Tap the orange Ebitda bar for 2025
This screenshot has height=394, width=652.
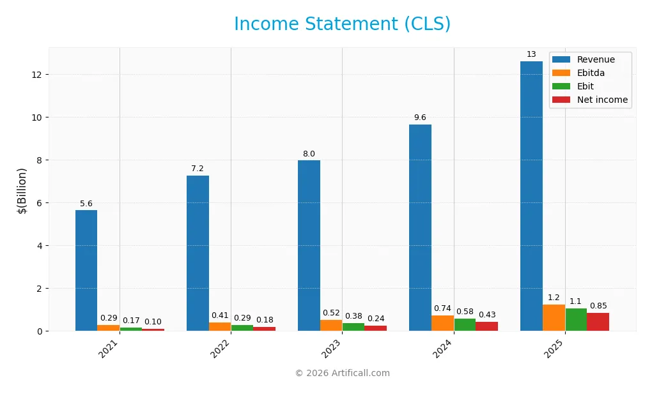554,317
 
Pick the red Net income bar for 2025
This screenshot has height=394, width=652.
598,322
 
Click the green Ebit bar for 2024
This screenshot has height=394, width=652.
465,324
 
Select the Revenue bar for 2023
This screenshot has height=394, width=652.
309,245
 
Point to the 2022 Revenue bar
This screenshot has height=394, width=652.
198,253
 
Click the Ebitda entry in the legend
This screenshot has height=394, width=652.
591,73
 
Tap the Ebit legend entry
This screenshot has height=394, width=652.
586,86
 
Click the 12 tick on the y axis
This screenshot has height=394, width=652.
36,75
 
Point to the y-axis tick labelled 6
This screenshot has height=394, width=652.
39,203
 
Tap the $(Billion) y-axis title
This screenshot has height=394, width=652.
22,190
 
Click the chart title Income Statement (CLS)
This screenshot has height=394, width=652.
342,24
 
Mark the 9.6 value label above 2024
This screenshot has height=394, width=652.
420,117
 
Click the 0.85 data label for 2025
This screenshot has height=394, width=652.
599,306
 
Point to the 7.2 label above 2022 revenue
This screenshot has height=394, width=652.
198,169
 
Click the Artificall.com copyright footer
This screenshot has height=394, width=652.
342,374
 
